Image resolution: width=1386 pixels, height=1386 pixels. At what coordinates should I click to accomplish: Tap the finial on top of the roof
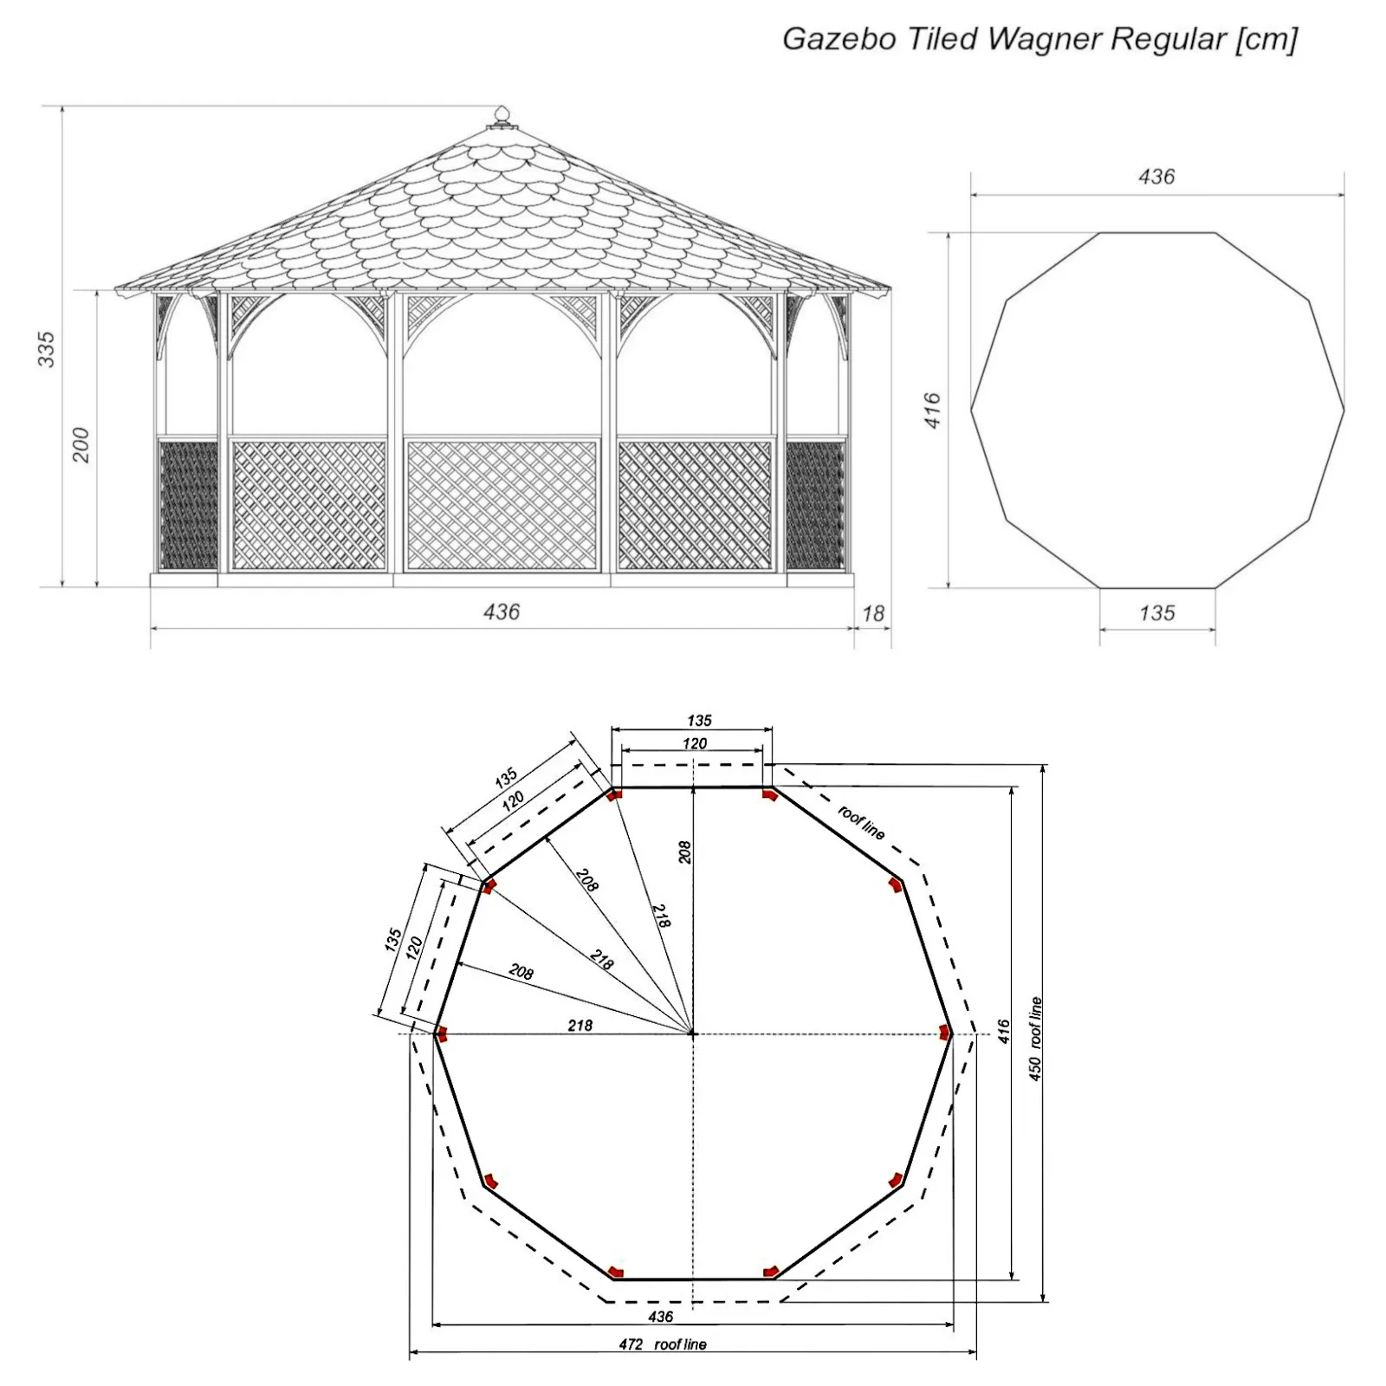502,116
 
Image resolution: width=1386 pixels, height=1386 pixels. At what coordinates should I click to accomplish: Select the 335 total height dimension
47,349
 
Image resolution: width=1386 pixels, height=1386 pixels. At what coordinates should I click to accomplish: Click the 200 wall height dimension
81,444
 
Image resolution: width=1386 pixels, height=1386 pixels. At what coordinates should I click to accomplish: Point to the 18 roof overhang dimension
873,613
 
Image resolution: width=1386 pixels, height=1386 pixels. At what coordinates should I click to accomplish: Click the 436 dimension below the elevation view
502,612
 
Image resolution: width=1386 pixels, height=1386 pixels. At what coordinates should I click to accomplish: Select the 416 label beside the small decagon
933,410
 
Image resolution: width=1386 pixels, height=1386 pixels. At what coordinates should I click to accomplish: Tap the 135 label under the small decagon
1157,613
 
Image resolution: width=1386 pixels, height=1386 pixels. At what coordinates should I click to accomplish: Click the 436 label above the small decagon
1157,177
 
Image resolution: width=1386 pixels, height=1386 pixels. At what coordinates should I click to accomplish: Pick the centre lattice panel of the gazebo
502,506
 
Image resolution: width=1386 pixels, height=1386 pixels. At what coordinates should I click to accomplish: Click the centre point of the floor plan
692,1033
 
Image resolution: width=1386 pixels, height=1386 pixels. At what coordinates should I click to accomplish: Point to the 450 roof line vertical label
1036,1039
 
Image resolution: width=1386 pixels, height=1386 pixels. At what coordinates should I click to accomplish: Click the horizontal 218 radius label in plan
580,1026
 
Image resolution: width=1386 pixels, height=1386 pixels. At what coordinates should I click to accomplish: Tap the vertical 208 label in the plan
684,852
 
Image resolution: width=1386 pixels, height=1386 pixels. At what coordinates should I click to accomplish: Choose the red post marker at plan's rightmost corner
945,1031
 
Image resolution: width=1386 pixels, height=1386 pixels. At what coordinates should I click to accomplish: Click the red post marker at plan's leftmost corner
441,1033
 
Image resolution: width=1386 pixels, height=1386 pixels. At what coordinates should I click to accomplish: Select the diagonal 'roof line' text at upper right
861,822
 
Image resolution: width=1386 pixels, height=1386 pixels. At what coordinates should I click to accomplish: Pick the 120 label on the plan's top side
695,743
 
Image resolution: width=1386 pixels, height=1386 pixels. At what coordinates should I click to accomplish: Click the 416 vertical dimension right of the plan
1004,1032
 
